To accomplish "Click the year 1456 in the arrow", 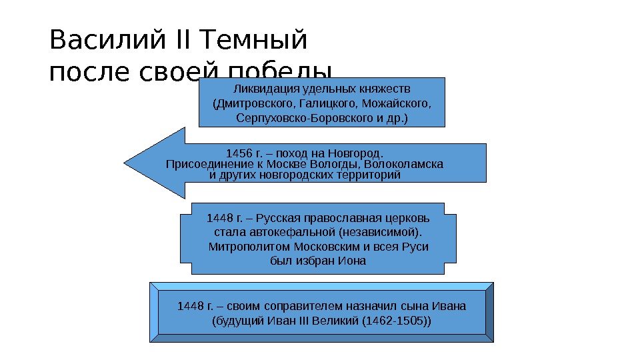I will [x=239, y=153].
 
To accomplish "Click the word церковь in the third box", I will [x=408, y=218].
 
